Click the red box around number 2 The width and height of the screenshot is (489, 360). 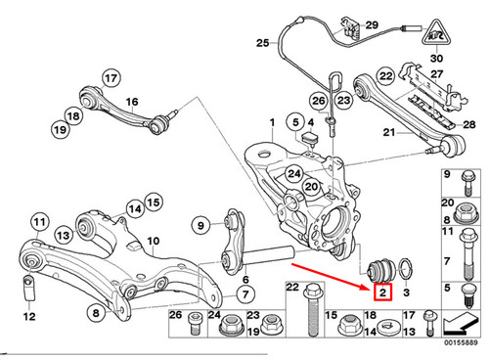(382, 291)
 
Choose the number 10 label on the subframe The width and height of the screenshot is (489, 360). (152, 241)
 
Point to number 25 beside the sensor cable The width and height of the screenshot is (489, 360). (260, 43)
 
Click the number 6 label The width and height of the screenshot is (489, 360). (244, 278)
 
